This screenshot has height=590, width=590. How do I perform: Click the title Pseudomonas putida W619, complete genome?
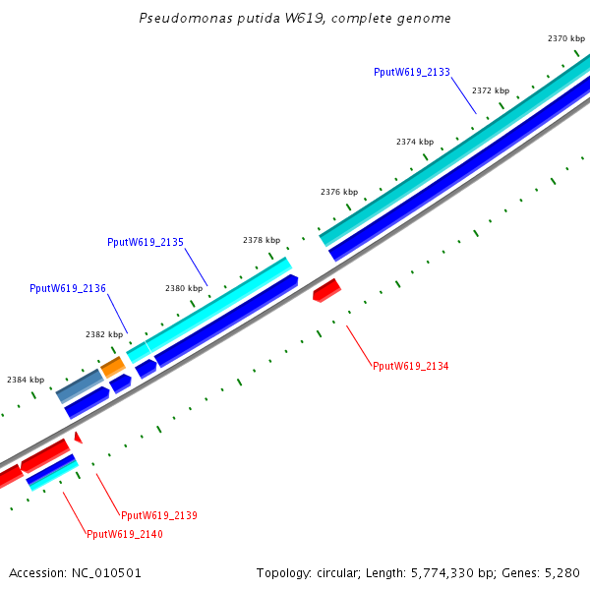(295, 19)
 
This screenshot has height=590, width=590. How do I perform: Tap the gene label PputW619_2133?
(412, 72)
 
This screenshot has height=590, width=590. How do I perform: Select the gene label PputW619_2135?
(146, 242)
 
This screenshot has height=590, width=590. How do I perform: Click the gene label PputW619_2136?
(68, 288)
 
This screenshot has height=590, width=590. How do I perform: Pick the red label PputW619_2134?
(410, 366)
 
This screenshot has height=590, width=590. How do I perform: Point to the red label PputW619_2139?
(159, 515)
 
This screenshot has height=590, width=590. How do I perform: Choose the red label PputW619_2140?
(125, 535)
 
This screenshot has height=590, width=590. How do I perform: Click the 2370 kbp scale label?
(565, 38)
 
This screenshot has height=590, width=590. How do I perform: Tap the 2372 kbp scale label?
(490, 90)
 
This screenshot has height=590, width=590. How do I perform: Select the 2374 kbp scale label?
(415, 142)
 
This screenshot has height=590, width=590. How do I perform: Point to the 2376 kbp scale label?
(339, 192)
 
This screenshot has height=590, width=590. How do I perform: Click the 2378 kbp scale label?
(262, 240)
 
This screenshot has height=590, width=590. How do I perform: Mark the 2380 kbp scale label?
(184, 288)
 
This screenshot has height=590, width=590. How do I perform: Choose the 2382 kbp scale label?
(104, 334)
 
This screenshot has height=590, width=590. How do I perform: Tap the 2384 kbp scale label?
(26, 380)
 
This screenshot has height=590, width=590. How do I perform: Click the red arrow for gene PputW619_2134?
(326, 290)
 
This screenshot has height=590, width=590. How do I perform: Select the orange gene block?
(113, 367)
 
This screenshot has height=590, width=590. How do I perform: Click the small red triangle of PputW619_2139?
(77, 437)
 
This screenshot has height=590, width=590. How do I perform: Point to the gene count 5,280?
(562, 572)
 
